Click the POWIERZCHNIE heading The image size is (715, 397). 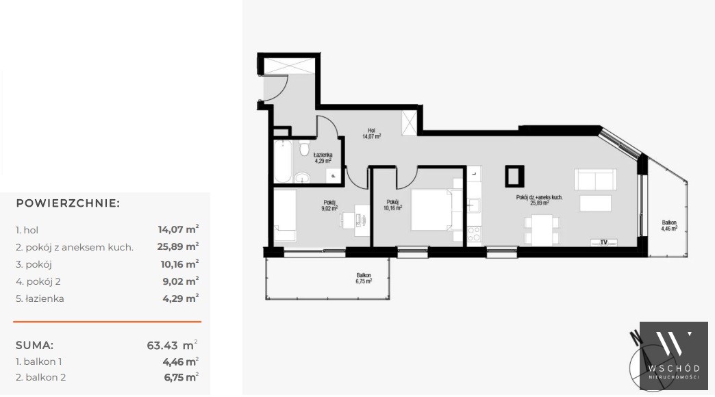coord(68,203)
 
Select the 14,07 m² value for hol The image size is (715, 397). coord(178,229)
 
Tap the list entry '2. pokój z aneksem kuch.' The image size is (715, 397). coord(75,248)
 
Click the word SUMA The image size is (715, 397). coord(35,345)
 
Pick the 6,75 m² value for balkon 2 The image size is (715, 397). coord(181,377)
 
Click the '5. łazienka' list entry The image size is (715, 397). coord(40,298)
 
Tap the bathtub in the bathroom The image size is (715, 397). coord(283,161)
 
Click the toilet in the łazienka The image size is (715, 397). coord(304,149)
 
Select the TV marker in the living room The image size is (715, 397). coord(604,242)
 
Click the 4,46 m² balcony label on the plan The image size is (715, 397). coord(669,226)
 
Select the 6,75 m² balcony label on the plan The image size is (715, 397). coord(364,278)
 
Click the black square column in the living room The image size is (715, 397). coord(514,176)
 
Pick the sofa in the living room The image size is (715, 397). coord(596,179)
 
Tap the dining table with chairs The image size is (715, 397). coord(542,230)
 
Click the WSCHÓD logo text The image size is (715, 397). coord(674,368)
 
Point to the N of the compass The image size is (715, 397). coord(634,336)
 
